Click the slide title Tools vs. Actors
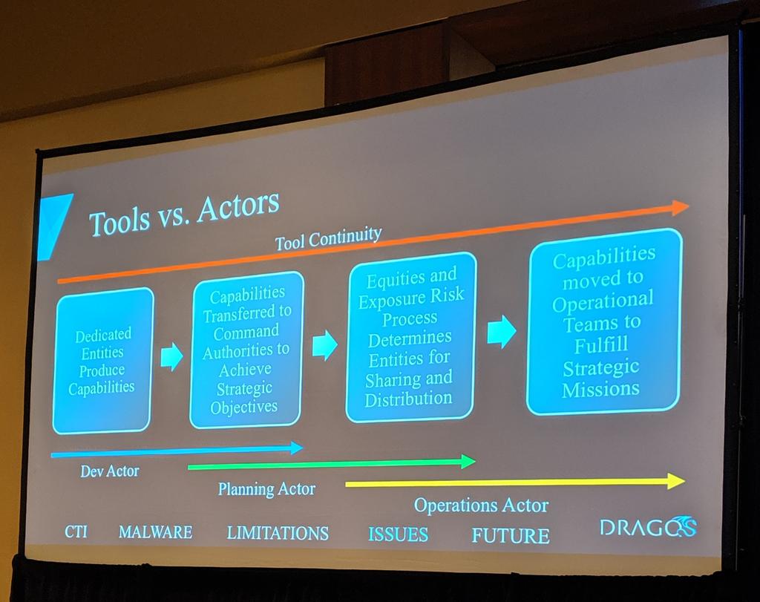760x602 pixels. click(x=183, y=212)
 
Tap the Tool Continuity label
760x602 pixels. click(x=328, y=239)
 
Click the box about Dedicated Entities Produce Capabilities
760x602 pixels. click(x=103, y=361)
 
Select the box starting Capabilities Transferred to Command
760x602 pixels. click(x=246, y=350)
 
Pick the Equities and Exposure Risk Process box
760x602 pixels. click(x=410, y=338)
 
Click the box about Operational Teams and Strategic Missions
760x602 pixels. click(x=603, y=321)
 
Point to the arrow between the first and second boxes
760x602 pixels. click(x=171, y=356)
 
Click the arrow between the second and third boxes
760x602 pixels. click(x=324, y=345)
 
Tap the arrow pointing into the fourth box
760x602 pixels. click(x=502, y=331)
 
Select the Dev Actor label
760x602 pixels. click(x=110, y=471)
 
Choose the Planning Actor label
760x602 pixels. click(x=266, y=489)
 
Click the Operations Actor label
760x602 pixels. click(x=481, y=506)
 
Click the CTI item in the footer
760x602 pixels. click(x=76, y=531)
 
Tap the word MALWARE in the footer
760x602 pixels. click(x=155, y=531)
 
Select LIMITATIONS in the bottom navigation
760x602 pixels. click(x=278, y=533)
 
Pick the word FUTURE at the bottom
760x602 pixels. click(x=511, y=535)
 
